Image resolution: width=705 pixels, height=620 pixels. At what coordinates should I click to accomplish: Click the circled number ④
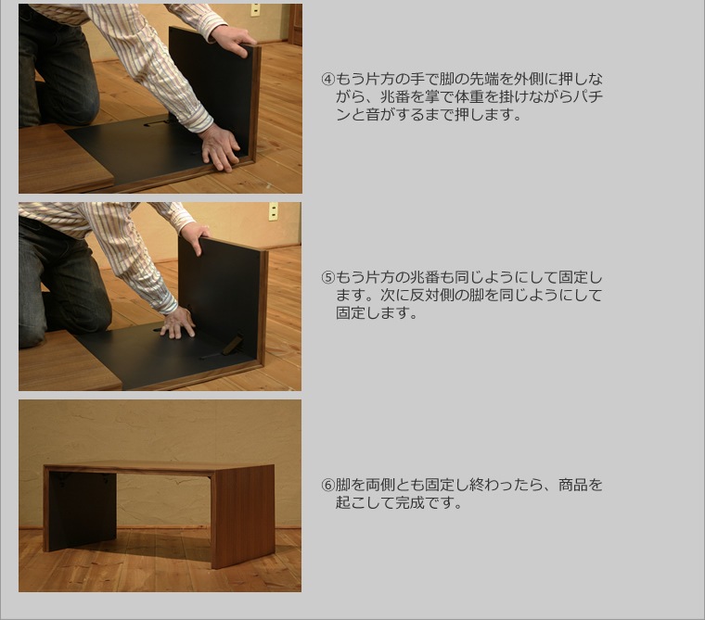(x=328, y=80)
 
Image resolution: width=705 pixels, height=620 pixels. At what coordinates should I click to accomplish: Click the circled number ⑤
(x=328, y=278)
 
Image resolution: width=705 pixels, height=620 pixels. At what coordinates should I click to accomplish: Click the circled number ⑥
(x=328, y=486)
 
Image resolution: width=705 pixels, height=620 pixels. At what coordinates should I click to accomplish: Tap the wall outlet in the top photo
(x=255, y=9)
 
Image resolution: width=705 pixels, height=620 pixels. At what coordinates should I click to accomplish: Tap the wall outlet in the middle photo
(x=273, y=211)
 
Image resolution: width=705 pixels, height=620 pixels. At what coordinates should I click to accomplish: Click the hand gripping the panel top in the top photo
(x=233, y=41)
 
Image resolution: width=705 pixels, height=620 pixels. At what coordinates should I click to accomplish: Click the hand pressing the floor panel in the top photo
(x=221, y=149)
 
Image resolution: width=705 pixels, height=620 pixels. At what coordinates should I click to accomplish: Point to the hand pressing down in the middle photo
(x=178, y=324)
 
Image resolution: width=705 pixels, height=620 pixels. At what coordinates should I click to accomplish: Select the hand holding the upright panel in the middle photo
(x=196, y=237)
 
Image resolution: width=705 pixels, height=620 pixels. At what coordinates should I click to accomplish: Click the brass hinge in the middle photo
(x=234, y=345)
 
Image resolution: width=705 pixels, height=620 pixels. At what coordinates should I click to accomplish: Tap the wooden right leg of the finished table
(x=243, y=517)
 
